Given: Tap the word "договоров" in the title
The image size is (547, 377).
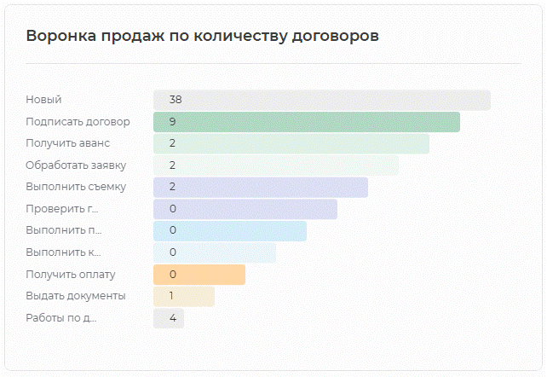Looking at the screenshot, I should (332, 36).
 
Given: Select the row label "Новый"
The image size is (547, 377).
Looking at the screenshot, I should (43, 100).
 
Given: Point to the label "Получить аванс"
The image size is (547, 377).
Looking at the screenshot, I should (67, 143).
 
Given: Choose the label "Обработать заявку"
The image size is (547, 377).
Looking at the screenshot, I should (76, 165).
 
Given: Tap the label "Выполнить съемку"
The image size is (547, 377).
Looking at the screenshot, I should (76, 188).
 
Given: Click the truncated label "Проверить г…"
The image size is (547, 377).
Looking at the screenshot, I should (62, 209).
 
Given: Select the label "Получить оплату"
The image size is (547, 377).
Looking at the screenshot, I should (71, 275).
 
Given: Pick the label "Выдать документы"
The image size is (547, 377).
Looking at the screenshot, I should (76, 296).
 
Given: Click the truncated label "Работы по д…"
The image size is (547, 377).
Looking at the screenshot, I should (61, 318).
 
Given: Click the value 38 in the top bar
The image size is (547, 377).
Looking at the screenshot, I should (176, 100).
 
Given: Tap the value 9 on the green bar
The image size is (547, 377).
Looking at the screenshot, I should (172, 122).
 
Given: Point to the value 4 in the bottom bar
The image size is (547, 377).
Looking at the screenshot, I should (172, 318).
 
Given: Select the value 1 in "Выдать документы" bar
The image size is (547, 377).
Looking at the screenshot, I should (172, 296).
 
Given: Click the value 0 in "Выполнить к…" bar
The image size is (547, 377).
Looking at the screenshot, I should (172, 252).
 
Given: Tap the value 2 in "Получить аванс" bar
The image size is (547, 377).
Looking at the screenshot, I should (172, 143).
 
